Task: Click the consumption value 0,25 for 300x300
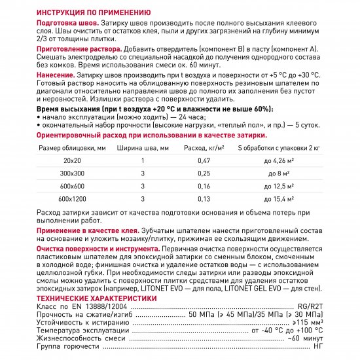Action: tap(204, 173)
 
